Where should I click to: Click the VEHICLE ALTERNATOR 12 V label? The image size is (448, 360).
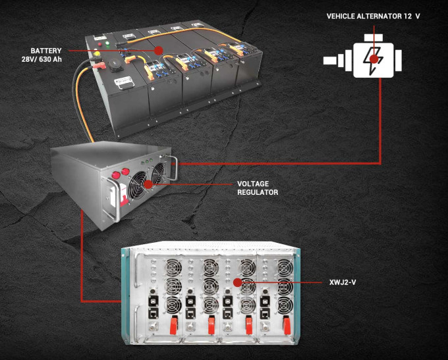tap(373, 16)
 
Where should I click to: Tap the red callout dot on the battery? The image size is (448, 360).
tap(157, 50)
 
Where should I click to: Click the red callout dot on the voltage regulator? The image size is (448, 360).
tap(149, 184)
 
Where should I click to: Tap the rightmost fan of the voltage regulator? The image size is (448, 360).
tap(157, 173)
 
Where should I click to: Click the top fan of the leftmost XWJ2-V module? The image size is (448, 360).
tap(173, 267)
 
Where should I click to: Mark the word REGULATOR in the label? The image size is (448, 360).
tap(258, 193)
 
